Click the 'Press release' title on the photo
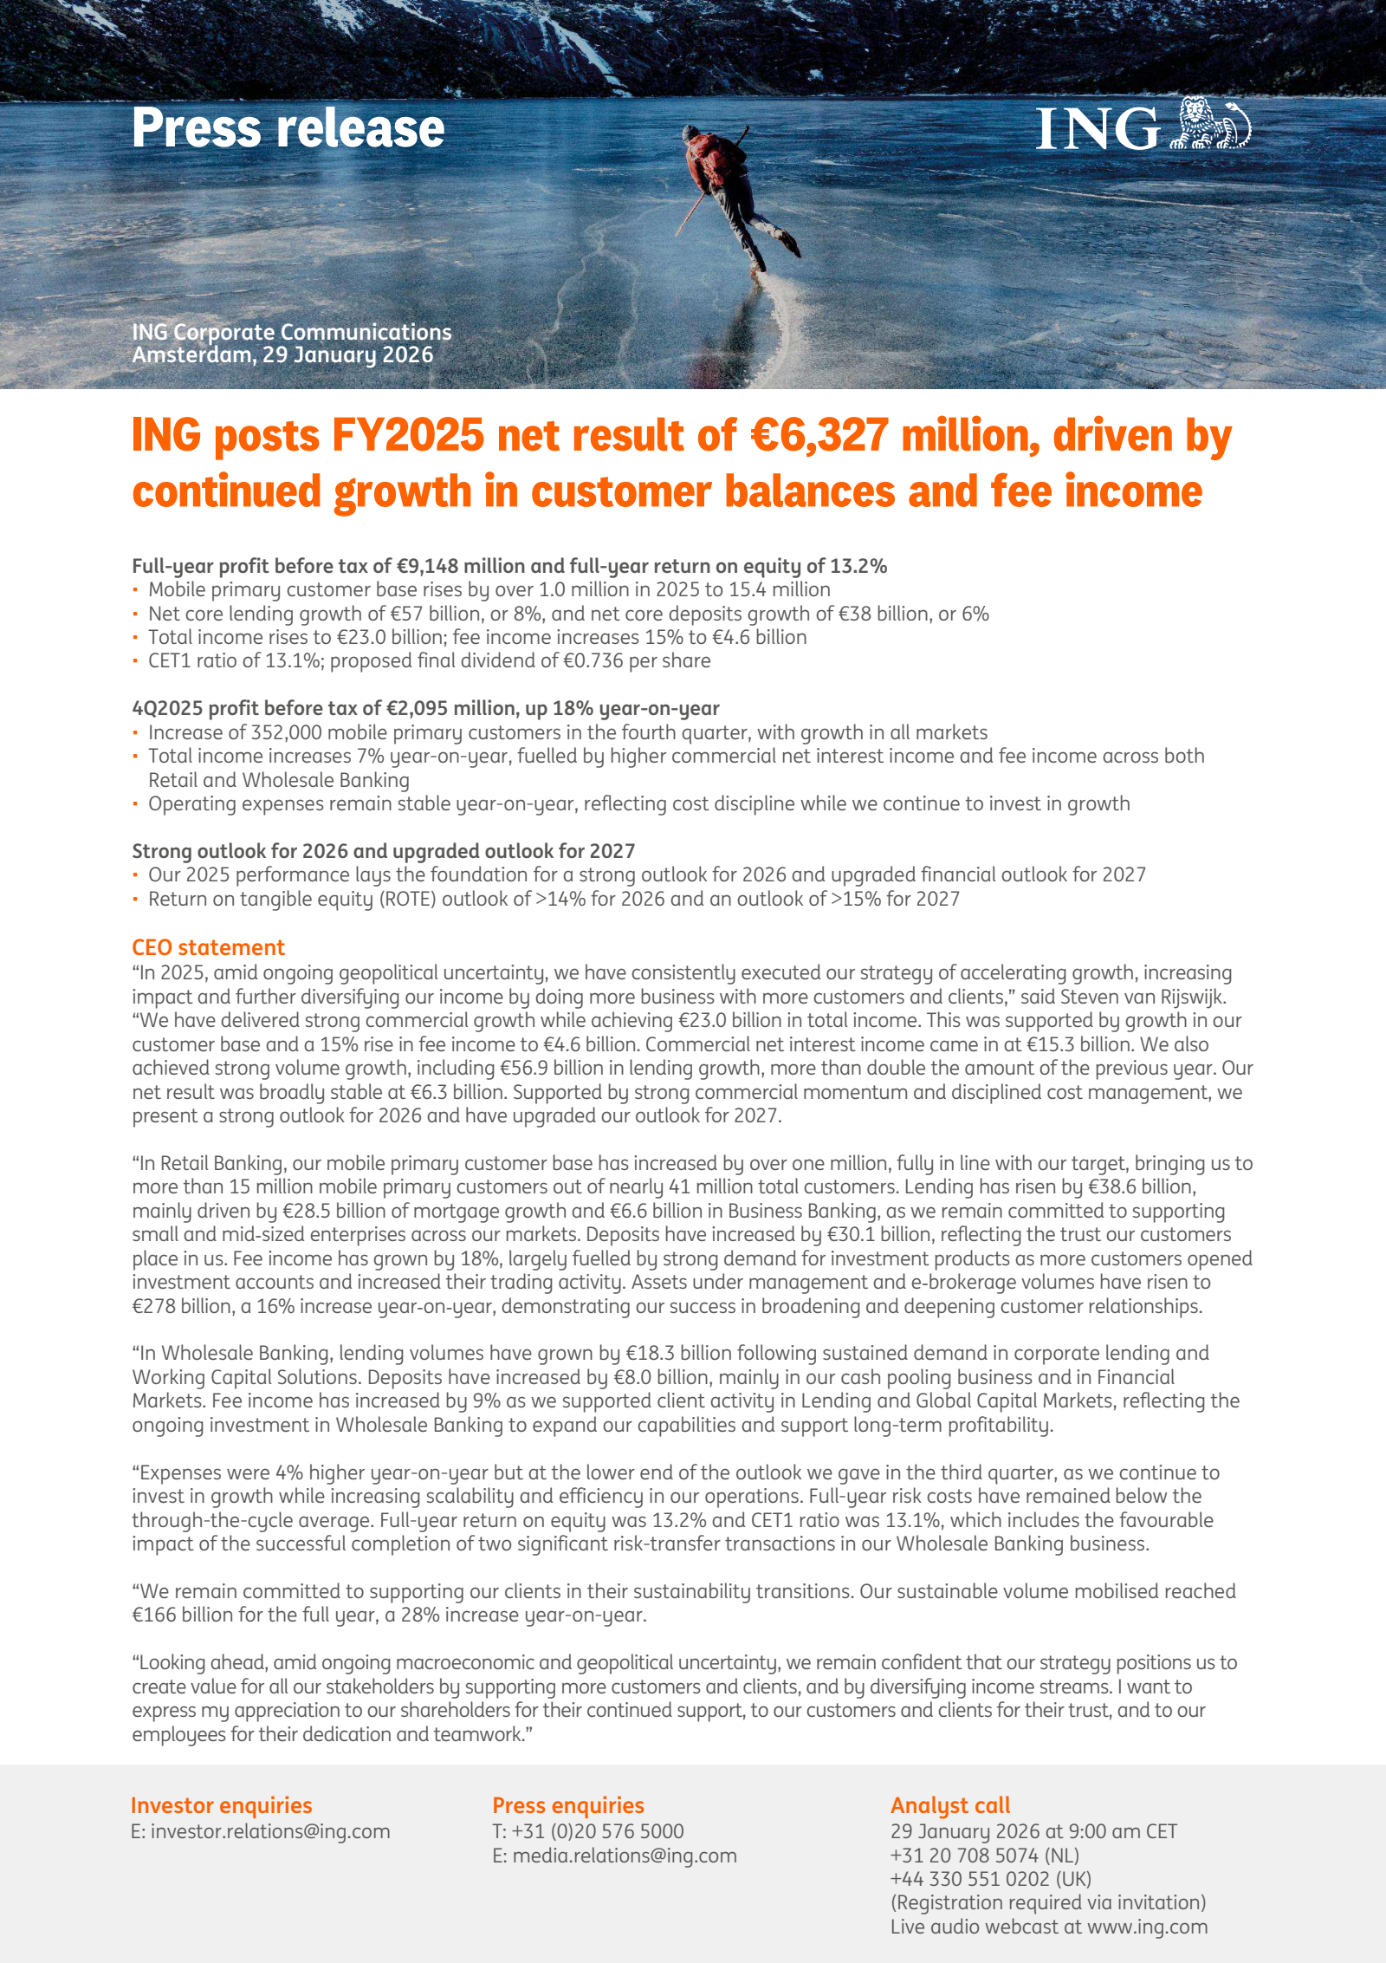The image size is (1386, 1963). (x=288, y=128)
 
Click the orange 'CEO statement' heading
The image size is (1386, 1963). (x=208, y=947)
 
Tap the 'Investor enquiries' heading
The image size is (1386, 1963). (x=221, y=1805)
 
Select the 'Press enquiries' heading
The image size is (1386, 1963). (x=568, y=1805)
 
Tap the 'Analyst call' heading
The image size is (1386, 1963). (x=950, y=1805)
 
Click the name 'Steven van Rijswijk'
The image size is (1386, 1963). (x=1142, y=997)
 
